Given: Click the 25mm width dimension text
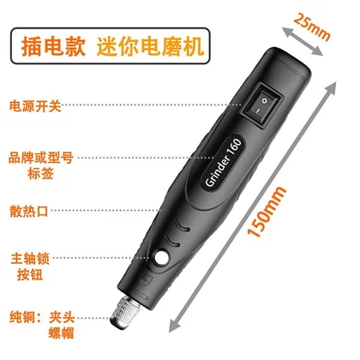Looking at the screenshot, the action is tap(312, 27).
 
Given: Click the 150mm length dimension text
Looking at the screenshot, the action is tap(267, 212).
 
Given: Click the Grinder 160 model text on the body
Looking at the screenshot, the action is tap(224, 162).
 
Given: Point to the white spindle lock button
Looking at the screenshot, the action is tap(160, 257).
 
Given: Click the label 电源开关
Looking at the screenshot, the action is tap(35, 106).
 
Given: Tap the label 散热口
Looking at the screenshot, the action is tap(29, 212).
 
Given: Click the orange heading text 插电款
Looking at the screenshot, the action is tap(53, 46).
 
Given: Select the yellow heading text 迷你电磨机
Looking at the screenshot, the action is tap(150, 46).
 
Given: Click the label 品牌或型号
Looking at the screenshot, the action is tap(41, 158).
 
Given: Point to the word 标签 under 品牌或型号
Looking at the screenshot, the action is tap(40, 173).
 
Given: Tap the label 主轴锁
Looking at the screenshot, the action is tap(30, 259).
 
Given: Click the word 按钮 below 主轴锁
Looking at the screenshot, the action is tap(30, 274).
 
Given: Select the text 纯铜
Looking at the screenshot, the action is tap(22, 317).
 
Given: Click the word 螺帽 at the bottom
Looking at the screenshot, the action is tap(61, 333).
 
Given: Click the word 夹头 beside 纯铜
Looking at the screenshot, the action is tap(62, 317).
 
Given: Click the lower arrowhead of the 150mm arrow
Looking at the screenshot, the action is tap(174, 326).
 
